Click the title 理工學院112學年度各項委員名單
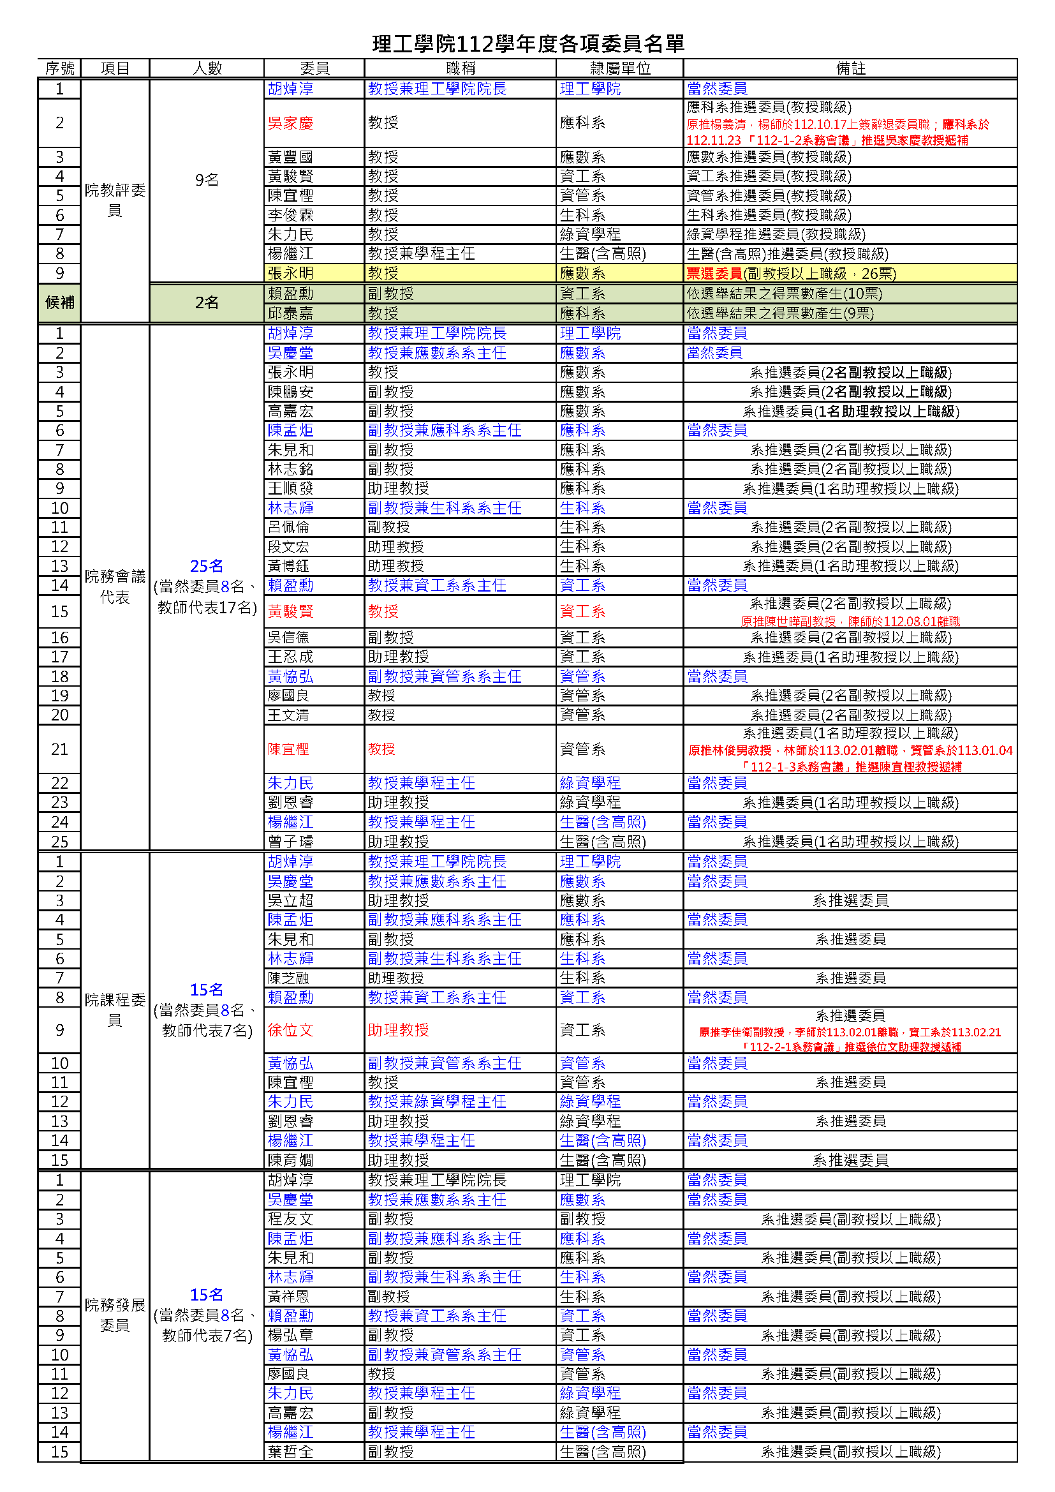(527, 43)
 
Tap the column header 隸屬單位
(620, 68)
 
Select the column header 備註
(850, 68)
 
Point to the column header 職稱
(460, 68)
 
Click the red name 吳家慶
(290, 123)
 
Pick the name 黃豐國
(290, 156)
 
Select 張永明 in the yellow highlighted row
(290, 274)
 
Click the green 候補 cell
(60, 303)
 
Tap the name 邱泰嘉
(290, 313)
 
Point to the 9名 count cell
(207, 180)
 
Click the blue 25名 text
(207, 566)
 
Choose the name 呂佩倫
(288, 527)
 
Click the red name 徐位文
(290, 1030)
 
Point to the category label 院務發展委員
(115, 1315)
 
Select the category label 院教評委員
(115, 200)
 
